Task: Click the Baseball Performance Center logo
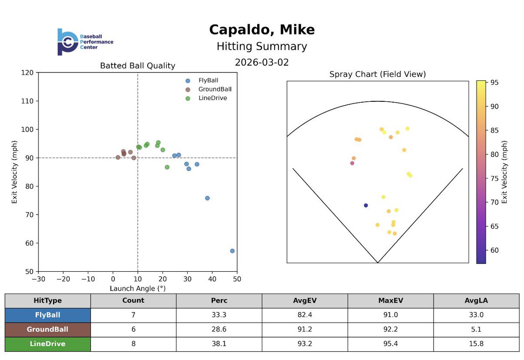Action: click(x=85, y=42)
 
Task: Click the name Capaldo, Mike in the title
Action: click(x=262, y=30)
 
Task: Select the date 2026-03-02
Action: click(x=262, y=62)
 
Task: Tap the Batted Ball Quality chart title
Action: click(x=138, y=66)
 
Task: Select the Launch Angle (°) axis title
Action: click(x=138, y=288)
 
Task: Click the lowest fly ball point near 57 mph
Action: click(x=232, y=251)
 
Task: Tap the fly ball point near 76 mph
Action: click(x=207, y=198)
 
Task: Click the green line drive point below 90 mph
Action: click(x=167, y=167)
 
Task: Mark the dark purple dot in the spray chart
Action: click(x=366, y=205)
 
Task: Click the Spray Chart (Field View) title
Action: click(x=377, y=75)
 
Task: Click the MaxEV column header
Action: click(x=390, y=301)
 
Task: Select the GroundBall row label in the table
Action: click(x=48, y=329)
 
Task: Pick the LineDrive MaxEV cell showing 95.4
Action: click(x=390, y=344)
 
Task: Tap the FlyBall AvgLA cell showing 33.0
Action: click(x=476, y=315)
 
